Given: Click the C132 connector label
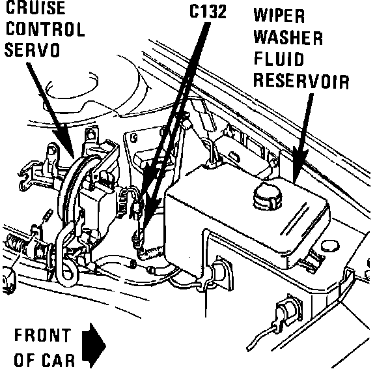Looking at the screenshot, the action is pos(208,12).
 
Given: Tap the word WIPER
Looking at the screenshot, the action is pos(279,16).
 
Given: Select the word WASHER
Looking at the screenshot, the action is pos(288,38).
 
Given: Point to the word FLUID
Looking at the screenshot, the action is pos(279,59).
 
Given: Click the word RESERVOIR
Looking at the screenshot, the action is pos(301,81).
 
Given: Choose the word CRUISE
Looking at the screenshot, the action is pos(35,7).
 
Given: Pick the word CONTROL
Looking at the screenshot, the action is pos(45,29).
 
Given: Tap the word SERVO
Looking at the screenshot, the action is pos(32,50).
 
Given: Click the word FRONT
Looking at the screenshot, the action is pos(42,335).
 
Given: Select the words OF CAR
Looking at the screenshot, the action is pos(44,360).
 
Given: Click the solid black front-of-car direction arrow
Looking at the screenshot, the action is pos(94,346).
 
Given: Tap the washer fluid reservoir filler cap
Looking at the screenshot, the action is pos(268,195).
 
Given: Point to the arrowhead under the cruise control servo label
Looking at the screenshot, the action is pos(66,144).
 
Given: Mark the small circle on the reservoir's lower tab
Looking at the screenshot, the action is pos(330,246).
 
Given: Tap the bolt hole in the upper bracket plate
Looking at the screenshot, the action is pos(134,138).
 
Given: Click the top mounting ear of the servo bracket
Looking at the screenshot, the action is pos(90,136).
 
